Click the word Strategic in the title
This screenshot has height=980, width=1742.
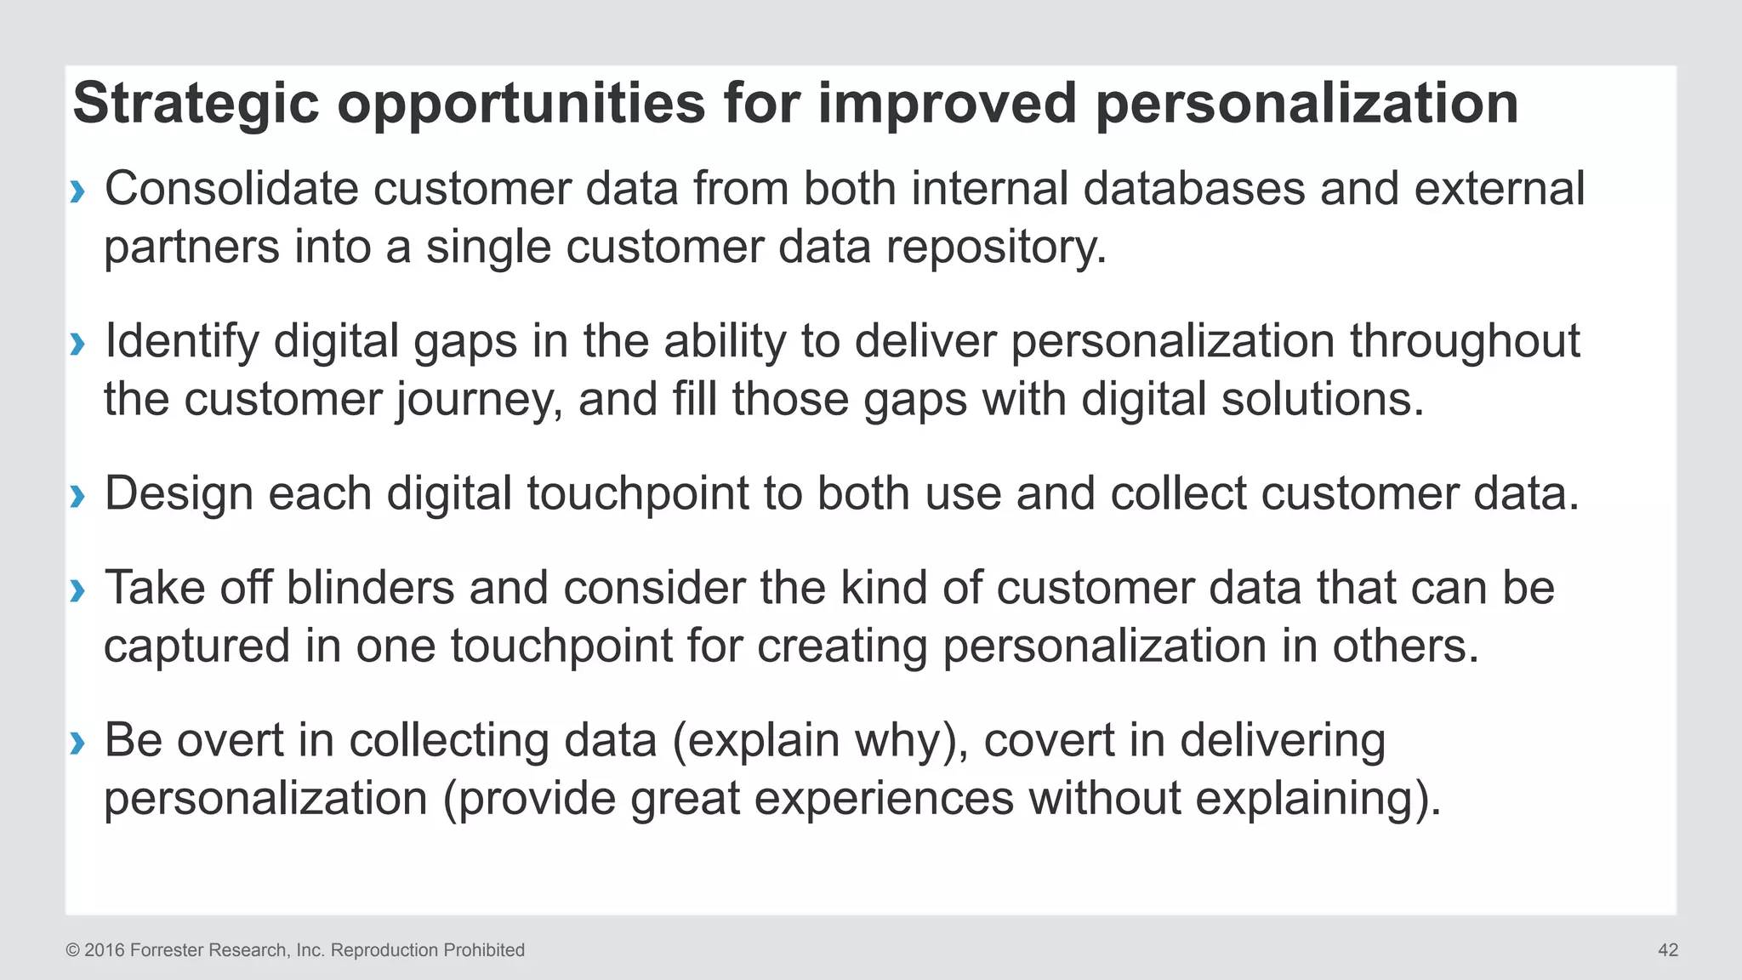[x=196, y=104]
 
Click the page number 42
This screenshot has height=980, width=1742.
[x=1667, y=950]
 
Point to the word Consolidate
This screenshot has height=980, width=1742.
[x=231, y=189]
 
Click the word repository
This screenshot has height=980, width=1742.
[x=995, y=248]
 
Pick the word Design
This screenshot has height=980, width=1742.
[x=179, y=494]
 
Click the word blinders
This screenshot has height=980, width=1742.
[x=370, y=588]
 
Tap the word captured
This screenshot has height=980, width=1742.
[x=196, y=647]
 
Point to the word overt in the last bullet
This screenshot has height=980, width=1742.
[x=230, y=740]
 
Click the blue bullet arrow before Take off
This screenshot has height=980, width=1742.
[x=78, y=590]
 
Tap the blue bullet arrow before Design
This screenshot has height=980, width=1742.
[x=78, y=496]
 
